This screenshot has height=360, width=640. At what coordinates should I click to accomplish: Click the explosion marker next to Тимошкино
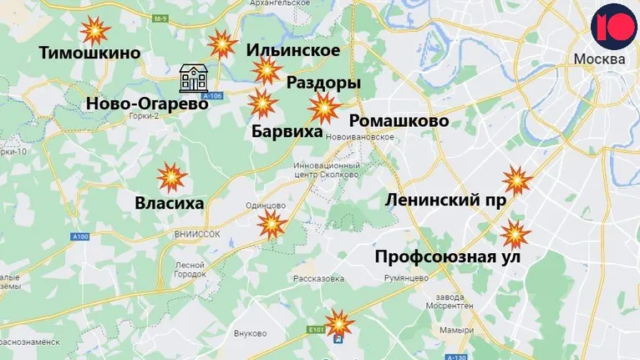point(95,32)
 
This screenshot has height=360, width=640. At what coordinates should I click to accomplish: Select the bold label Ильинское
point(293,51)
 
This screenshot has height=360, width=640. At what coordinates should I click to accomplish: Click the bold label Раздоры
point(323,83)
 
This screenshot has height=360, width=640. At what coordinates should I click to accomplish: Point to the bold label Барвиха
point(287,131)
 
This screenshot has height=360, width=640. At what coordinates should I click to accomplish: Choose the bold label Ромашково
point(399,121)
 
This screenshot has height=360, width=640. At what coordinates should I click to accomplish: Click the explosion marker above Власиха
point(172,177)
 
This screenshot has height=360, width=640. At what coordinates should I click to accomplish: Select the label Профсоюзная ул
point(448,256)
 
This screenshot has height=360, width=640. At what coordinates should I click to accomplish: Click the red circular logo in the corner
point(614,27)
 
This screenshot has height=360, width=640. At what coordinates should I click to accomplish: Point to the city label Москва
point(598,60)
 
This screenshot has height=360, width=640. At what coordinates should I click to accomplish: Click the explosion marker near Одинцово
point(272,225)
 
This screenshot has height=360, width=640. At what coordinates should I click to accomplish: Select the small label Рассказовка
point(318,279)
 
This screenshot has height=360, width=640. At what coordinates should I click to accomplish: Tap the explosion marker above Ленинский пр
point(516,180)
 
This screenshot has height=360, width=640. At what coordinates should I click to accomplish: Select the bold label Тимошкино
point(90,53)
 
